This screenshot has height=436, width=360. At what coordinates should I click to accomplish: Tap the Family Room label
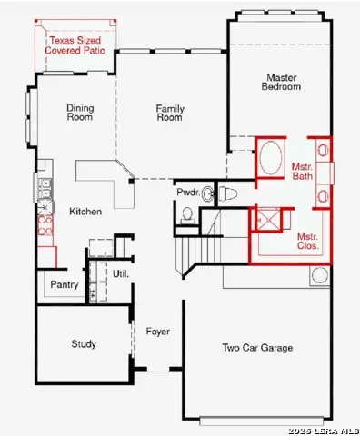click(170, 113)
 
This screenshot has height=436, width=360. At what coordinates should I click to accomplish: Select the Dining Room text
click(80, 113)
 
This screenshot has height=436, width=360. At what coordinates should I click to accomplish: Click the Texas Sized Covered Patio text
click(76, 47)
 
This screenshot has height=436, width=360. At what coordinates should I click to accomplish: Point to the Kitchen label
click(85, 212)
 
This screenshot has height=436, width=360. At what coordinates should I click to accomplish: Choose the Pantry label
click(65, 286)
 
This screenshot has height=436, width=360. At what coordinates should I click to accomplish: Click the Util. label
click(121, 273)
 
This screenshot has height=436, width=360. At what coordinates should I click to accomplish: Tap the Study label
click(84, 344)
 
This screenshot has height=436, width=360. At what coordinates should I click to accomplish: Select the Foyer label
click(158, 332)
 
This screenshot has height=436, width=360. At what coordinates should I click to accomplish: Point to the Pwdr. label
click(188, 193)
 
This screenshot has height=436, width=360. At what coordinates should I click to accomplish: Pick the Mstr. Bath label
click(302, 173)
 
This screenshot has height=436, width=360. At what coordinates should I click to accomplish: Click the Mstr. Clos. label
click(307, 242)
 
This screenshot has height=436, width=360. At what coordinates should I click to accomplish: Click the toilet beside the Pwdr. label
click(226, 193)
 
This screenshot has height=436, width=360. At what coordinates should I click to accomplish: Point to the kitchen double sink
click(42, 190)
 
